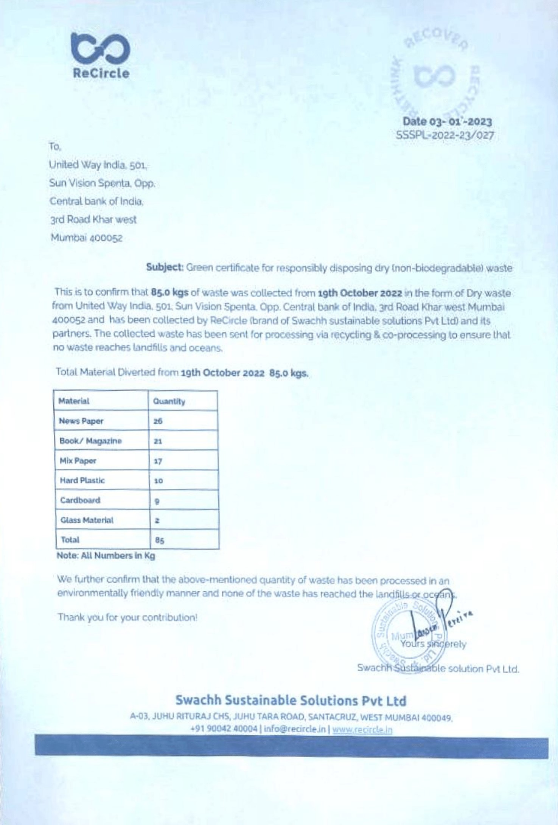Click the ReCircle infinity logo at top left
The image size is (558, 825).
tap(101, 49)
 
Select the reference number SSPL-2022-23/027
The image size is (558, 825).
tap(445, 135)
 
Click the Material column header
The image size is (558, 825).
tap(74, 401)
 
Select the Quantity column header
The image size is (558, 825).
tap(169, 401)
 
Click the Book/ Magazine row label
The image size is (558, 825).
tap(90, 441)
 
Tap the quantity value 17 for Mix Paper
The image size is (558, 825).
tap(158, 461)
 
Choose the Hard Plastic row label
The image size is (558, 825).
tap(82, 480)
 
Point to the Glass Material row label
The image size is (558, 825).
tap(87, 520)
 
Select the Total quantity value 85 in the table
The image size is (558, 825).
tap(160, 540)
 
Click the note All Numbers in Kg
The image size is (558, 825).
tap(106, 556)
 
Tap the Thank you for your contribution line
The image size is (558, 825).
tap(127, 618)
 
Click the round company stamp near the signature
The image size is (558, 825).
tap(405, 632)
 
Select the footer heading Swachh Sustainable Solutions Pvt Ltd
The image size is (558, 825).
tap(291, 700)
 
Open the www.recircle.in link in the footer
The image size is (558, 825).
tap(362, 729)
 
